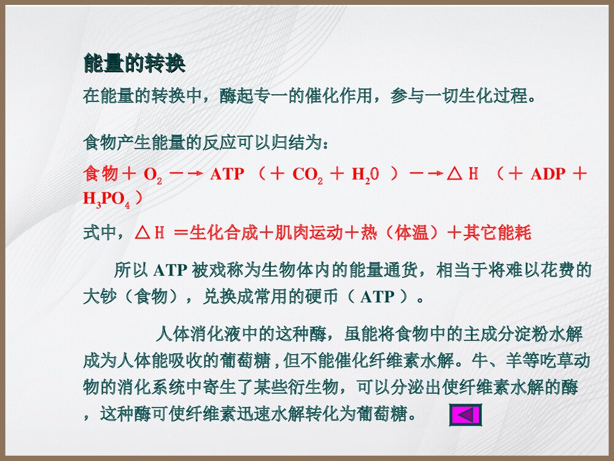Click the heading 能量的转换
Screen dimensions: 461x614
click(134, 63)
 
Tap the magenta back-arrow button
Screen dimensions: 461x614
click(465, 414)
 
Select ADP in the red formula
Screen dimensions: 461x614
click(548, 173)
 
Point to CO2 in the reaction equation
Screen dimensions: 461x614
click(308, 174)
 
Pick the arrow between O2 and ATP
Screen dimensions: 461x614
click(185, 174)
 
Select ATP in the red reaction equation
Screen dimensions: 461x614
click(227, 174)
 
